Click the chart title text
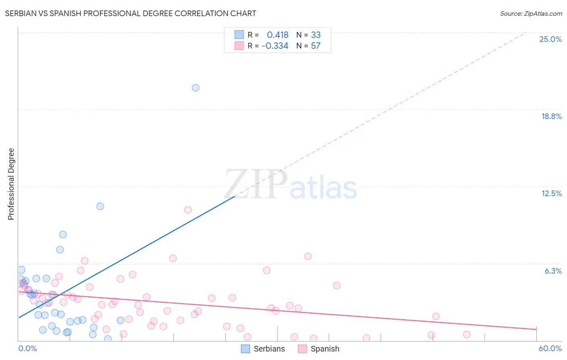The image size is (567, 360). click(130, 13)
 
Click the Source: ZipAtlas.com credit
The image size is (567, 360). click(531, 13)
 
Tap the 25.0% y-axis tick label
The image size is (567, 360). click(550, 39)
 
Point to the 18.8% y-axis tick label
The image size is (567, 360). click(551, 116)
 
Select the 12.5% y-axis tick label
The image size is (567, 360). click(551, 193)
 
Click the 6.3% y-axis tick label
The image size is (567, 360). click(553, 271)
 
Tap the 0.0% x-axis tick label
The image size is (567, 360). click(27, 348)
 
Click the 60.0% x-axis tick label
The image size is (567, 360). click(550, 348)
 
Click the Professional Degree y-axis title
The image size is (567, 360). click(11, 184)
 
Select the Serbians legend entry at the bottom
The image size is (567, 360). click(263, 349)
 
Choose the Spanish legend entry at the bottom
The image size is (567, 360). click(319, 349)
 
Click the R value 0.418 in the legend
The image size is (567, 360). click(277, 35)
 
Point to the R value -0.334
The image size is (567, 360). click(275, 46)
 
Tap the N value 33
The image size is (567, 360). click(316, 35)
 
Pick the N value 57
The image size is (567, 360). click(316, 46)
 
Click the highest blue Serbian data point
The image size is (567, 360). click(196, 88)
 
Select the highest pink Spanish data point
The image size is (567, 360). click(188, 210)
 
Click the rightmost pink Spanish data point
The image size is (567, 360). click(467, 334)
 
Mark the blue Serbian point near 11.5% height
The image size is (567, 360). click(100, 206)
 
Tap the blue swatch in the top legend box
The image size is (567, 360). click(239, 35)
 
